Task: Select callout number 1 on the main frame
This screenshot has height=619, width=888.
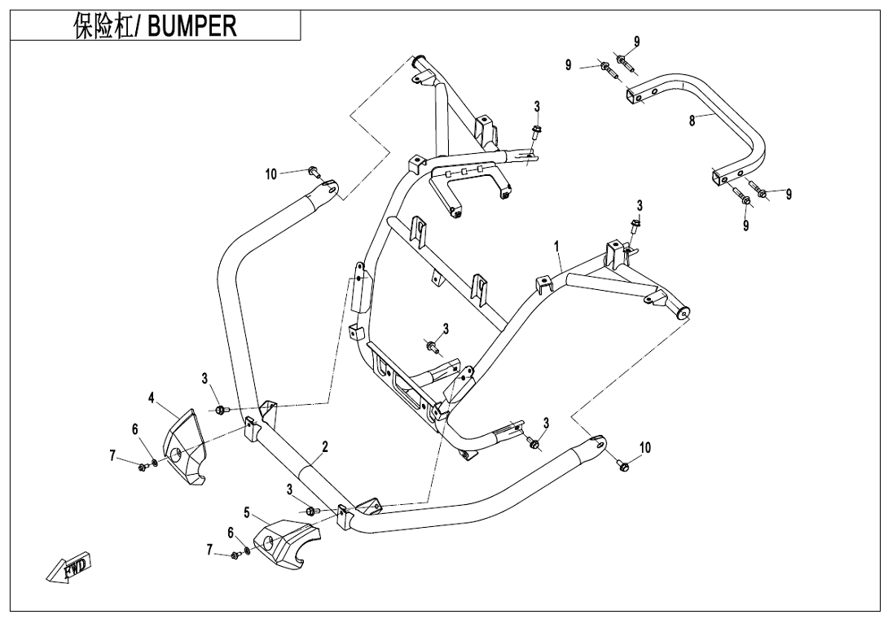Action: pyautogui.click(x=557, y=245)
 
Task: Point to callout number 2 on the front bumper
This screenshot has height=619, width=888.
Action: pyautogui.click(x=324, y=446)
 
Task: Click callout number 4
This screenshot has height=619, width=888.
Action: pyautogui.click(x=151, y=397)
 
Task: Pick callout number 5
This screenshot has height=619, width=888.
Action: pyautogui.click(x=246, y=512)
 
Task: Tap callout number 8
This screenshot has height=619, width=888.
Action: pyautogui.click(x=692, y=121)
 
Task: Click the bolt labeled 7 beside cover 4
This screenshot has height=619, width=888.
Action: pyautogui.click(x=143, y=467)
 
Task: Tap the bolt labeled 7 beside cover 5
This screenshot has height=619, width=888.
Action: pyautogui.click(x=235, y=555)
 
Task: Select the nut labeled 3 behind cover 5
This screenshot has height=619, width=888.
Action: pyautogui.click(x=312, y=511)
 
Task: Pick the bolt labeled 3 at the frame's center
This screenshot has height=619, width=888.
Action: pyautogui.click(x=431, y=349)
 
